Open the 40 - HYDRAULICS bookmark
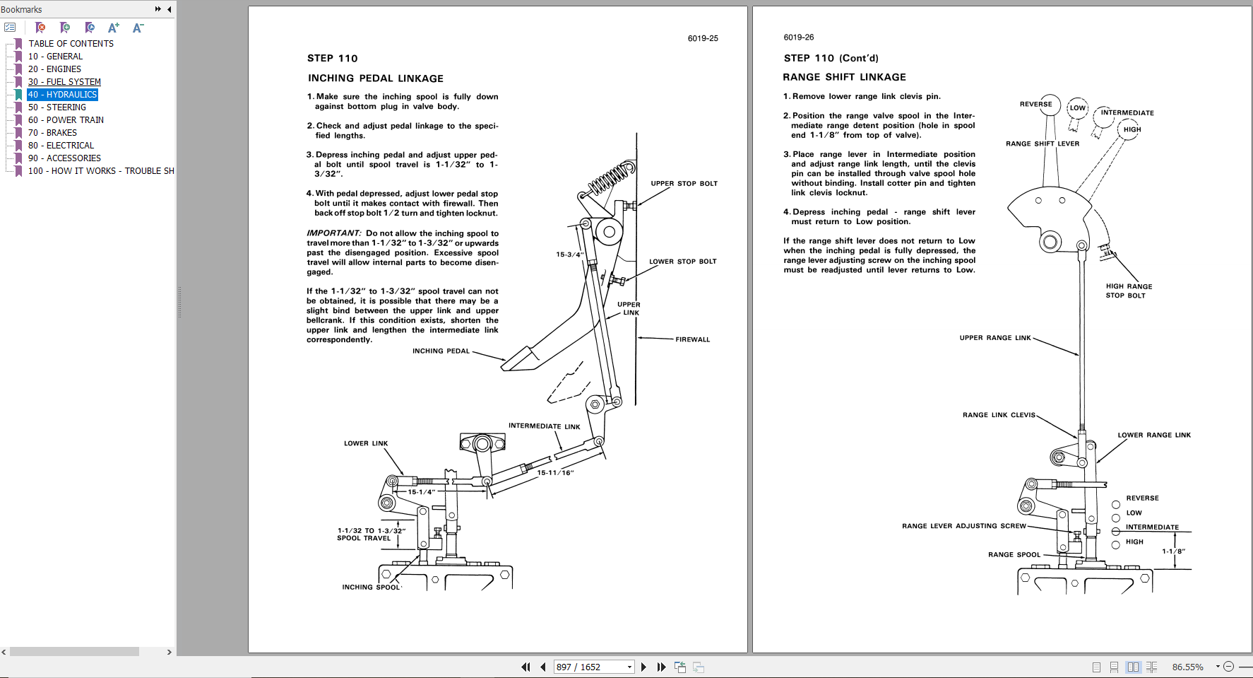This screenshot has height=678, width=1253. point(62,95)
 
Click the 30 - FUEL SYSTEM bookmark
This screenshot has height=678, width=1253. point(64,82)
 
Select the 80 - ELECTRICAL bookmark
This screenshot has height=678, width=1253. point(61,146)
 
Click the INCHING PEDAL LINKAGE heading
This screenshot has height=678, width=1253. point(376,78)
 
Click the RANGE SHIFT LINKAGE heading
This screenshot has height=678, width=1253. point(844,77)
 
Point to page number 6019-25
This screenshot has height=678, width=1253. point(703,38)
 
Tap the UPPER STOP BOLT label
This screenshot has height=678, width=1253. point(684,183)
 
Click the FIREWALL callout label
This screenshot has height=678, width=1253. point(692,339)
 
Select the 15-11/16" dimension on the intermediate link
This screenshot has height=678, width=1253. point(555,473)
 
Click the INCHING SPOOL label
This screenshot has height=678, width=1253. point(371,587)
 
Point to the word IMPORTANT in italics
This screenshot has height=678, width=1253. point(333,233)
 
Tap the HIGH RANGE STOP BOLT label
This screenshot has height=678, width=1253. point(1128,291)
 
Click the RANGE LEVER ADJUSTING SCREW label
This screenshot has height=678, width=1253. point(963,526)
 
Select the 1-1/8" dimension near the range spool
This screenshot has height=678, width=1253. point(1173,551)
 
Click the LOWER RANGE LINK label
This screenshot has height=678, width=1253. point(1153,435)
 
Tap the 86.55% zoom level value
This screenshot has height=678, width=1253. point(1187,667)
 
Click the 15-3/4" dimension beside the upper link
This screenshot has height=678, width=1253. point(569,255)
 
